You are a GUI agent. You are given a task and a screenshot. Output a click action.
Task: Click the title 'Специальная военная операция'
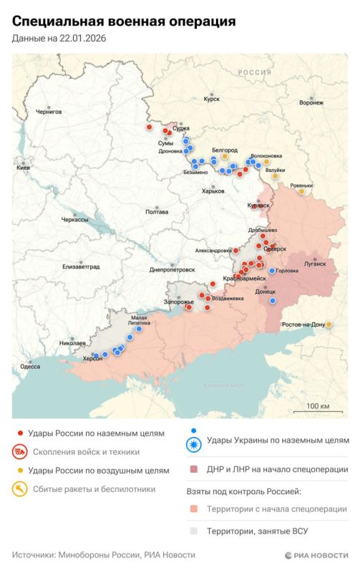[x=124, y=22]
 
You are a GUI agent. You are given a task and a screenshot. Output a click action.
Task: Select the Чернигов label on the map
[x=49, y=112]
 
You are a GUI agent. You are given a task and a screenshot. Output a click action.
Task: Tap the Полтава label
[x=157, y=212]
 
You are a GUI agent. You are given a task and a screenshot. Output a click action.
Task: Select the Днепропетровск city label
[x=172, y=270]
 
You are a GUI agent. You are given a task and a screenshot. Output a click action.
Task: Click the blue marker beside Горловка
[x=271, y=271]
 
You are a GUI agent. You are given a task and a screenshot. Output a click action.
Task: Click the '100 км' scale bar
[x=317, y=406]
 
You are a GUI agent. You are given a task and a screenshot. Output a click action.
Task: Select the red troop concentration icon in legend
[x=20, y=452]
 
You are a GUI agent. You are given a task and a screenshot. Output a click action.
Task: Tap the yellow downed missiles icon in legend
[x=20, y=489]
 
